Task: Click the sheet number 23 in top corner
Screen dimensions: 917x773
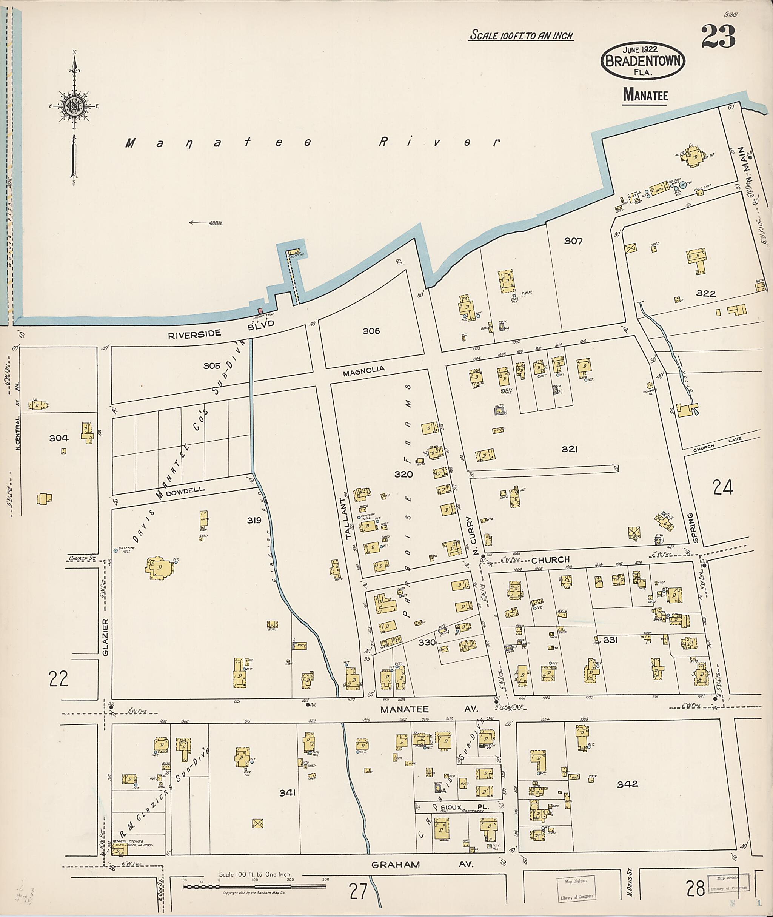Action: [718, 37]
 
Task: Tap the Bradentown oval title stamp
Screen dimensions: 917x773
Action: [643, 61]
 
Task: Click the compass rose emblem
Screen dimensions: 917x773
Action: [74, 106]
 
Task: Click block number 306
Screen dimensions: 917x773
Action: [371, 331]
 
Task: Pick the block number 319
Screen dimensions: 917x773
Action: [254, 520]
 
